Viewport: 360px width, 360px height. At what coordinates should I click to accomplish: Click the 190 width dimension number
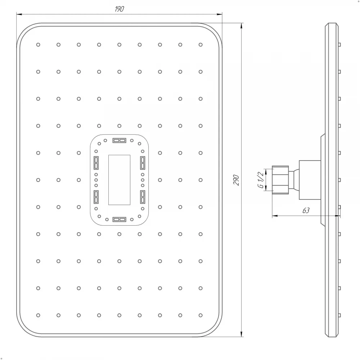pyautogui.click(x=119, y=9)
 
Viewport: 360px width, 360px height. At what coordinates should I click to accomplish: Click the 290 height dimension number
pyautogui.click(x=236, y=180)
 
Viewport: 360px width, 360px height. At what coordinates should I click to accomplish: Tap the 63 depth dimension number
pyautogui.click(x=306, y=211)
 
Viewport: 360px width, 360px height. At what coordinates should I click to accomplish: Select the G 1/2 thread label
pyautogui.click(x=260, y=179)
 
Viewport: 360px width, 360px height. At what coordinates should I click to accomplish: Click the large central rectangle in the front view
pyautogui.click(x=119, y=180)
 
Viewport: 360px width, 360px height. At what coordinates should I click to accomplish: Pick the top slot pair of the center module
pyautogui.click(x=119, y=140)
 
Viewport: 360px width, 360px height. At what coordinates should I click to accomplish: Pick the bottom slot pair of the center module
pyautogui.click(x=119, y=219)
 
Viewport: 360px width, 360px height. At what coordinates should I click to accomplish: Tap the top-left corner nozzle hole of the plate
pyautogui.click(x=38, y=45)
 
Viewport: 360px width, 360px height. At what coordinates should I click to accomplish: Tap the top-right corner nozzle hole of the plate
pyautogui.click(x=201, y=45)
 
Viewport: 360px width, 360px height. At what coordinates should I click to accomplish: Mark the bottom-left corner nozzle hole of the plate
pyautogui.click(x=38, y=315)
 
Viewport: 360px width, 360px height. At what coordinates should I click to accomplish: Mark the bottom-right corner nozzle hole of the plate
pyautogui.click(x=201, y=315)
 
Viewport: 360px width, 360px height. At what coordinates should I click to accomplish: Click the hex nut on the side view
pyautogui.click(x=280, y=179)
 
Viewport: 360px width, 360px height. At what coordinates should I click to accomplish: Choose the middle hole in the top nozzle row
pyautogui.click(x=119, y=45)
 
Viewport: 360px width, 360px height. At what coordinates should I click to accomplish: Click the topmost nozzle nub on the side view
pyautogui.click(x=339, y=45)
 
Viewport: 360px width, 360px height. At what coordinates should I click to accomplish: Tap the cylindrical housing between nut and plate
pyautogui.click(x=310, y=179)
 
